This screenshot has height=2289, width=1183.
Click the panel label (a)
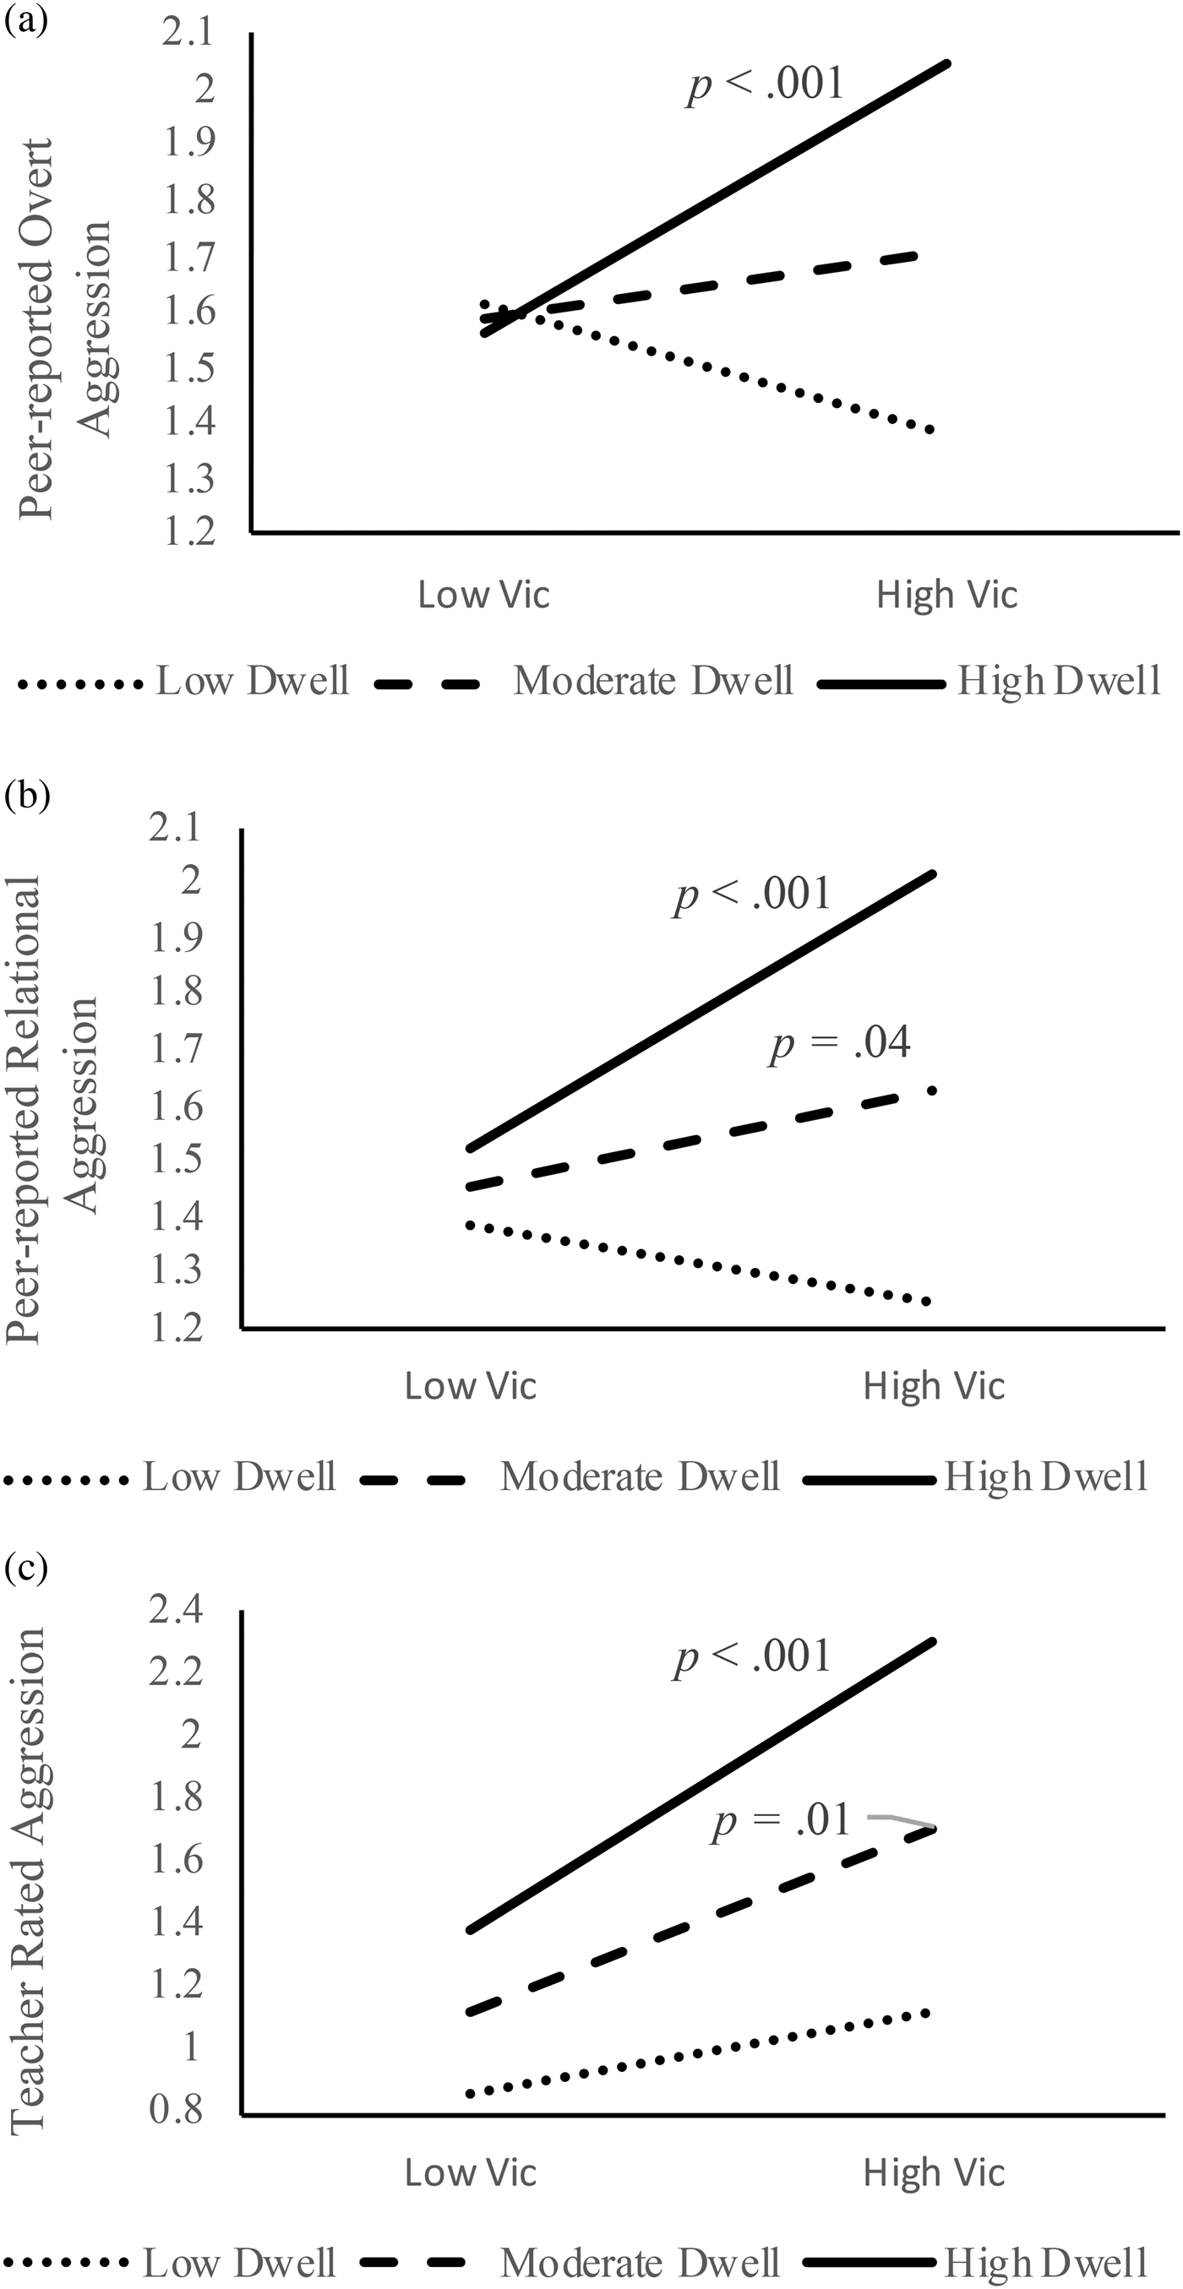[x=26, y=19]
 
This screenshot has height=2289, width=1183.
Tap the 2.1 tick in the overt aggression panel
[x=188, y=33]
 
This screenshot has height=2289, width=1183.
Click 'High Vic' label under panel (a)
[x=946, y=595]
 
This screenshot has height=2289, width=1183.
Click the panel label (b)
[x=27, y=793]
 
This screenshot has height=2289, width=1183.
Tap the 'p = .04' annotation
[x=840, y=1043]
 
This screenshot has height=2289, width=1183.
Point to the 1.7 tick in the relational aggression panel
[x=175, y=1048]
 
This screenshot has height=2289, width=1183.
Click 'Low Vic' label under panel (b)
[x=470, y=1386]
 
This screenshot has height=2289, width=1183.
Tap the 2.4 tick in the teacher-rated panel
[x=175, y=1610]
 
